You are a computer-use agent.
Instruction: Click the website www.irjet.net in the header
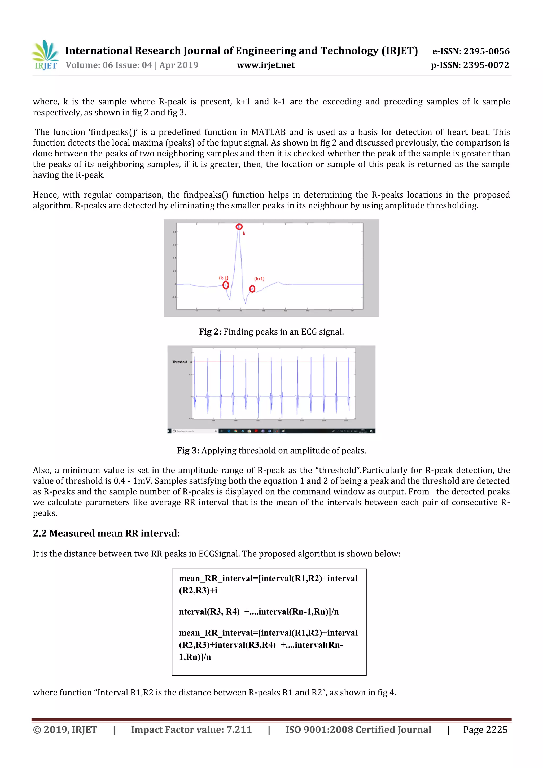coord(265,65)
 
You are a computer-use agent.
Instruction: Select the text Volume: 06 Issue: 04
coord(109,65)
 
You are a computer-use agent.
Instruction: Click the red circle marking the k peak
coord(239,227)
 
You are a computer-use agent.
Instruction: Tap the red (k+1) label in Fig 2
coord(259,279)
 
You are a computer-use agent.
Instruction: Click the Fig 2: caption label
coord(210,332)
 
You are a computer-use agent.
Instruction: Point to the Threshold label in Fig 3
coord(180,362)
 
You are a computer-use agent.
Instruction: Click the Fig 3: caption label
coord(188,451)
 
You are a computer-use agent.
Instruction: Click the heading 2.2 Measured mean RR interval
coord(106,533)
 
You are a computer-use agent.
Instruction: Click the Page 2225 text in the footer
coord(485,730)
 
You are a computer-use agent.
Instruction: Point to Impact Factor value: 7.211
coord(191,730)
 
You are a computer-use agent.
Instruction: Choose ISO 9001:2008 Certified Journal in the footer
coord(358,730)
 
